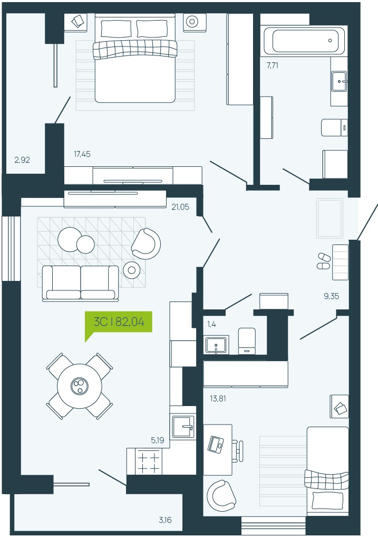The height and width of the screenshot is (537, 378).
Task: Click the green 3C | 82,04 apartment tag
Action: (x=119, y=322)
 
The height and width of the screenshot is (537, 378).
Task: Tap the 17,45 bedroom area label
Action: (x=82, y=154)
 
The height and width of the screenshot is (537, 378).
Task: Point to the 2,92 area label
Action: (x=22, y=159)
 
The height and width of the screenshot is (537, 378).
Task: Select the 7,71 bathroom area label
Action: (x=272, y=65)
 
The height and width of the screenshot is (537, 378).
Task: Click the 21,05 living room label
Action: (x=180, y=207)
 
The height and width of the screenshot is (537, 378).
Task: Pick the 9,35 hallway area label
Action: (x=332, y=296)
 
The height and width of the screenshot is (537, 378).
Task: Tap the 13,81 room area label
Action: (x=218, y=399)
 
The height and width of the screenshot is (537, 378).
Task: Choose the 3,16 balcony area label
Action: (x=165, y=520)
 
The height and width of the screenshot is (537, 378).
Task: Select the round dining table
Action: (x=80, y=386)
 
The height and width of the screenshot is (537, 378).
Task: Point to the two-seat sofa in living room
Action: (x=80, y=283)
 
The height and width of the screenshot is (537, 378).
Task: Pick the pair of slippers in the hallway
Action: (x=323, y=261)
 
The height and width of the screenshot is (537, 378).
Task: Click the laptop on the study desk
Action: (x=216, y=444)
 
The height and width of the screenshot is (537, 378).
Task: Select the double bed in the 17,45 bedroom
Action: (x=135, y=58)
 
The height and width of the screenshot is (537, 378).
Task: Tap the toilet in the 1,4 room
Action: (x=247, y=341)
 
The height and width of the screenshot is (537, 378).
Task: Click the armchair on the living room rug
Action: (x=147, y=243)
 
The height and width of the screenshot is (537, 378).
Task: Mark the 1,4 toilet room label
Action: (x=211, y=324)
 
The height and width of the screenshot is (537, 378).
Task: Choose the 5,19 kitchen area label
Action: (x=157, y=440)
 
